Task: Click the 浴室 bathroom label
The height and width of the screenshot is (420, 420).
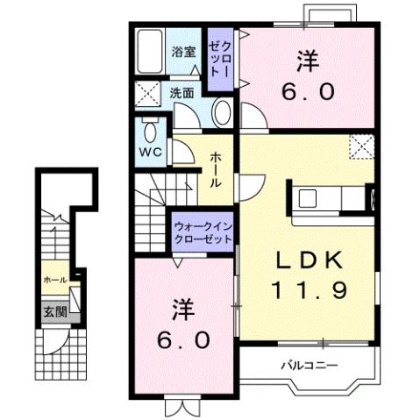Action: (182, 52)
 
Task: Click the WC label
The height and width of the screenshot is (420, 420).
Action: (149, 149)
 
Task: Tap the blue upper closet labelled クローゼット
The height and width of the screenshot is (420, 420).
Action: (219, 60)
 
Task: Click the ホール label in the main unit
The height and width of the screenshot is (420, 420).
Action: (215, 171)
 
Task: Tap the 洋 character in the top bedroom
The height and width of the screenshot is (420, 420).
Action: (307, 61)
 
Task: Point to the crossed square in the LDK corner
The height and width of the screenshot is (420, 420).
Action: (359, 146)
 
